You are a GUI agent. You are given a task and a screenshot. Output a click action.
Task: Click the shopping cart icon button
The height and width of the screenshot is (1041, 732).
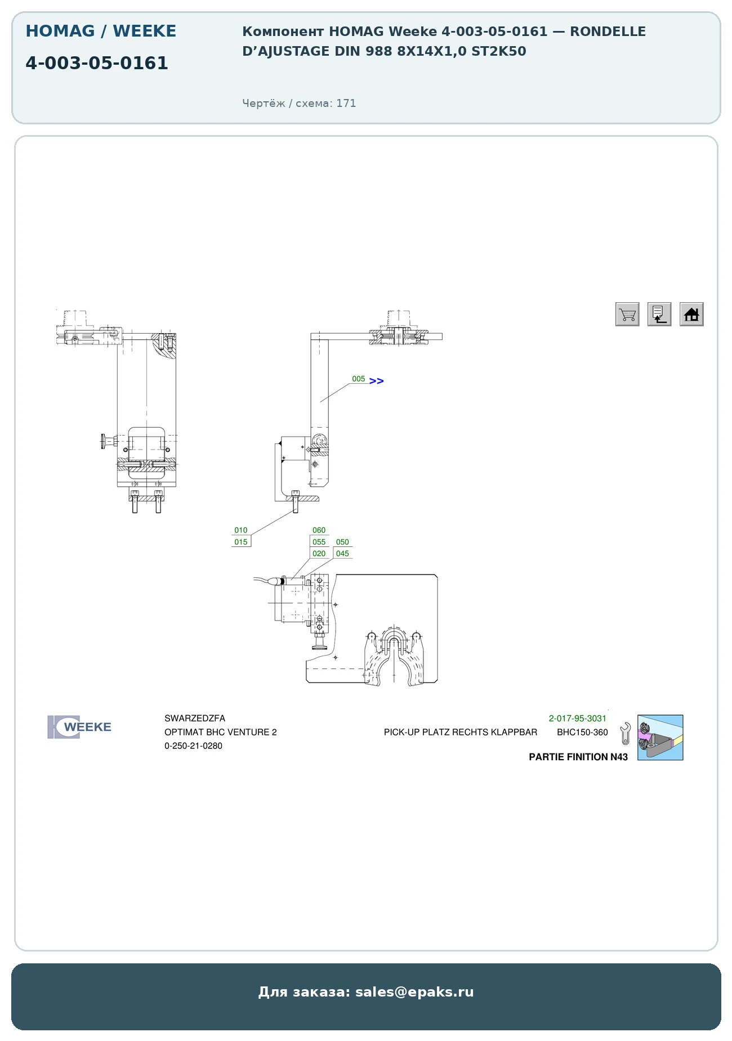point(627,314)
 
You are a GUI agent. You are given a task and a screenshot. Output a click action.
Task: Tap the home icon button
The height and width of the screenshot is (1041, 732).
point(691,314)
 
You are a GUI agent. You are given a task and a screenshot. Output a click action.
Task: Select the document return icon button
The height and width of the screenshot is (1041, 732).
point(659,314)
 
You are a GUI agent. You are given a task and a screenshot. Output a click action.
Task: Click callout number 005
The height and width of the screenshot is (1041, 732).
point(359,379)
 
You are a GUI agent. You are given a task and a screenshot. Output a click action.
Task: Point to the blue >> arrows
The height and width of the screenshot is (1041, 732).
point(377,381)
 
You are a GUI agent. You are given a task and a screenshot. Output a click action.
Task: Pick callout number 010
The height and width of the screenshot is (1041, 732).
point(241,530)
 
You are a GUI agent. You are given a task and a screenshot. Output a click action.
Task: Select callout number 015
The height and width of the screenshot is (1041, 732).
point(241,542)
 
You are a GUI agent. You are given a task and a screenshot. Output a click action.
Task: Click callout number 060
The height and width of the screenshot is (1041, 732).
point(319,530)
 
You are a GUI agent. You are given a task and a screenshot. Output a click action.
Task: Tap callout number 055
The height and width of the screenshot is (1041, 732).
point(319,542)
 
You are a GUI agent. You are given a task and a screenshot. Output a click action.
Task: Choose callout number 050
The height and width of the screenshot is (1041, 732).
point(342,542)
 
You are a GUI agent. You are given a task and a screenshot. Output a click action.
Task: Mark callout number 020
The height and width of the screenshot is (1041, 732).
point(319,554)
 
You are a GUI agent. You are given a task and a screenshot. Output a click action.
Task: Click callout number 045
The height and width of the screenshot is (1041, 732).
point(342,554)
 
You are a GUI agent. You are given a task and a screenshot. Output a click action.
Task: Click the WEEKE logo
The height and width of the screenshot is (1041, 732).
point(79,727)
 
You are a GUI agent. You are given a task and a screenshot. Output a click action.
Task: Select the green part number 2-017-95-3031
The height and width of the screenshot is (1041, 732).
point(578,719)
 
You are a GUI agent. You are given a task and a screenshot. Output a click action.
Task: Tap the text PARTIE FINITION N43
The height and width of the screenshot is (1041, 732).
point(578,757)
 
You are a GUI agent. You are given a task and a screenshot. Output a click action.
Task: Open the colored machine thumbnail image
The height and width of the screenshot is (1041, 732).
point(660,738)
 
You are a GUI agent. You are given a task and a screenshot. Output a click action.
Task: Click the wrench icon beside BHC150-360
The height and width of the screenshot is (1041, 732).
point(625,734)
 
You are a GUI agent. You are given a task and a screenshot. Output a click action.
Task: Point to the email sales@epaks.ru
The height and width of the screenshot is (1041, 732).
point(414,992)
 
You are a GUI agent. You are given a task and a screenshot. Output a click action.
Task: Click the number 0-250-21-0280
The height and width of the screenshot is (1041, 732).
point(193,746)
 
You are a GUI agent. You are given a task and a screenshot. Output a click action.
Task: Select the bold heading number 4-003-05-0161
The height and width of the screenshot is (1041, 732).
point(97,63)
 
